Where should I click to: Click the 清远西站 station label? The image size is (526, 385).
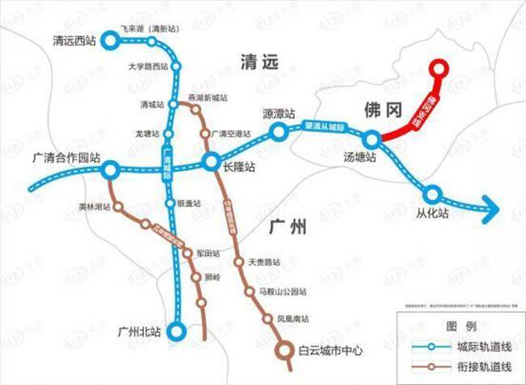tap(74, 40)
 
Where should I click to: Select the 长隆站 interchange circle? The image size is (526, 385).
tap(210, 160)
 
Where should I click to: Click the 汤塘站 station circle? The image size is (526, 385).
tap(371, 139)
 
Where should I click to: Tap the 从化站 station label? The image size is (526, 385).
tap(432, 215)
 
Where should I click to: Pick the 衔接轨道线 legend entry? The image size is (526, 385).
tap(479, 366)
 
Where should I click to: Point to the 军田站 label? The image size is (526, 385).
tap(208, 254)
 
